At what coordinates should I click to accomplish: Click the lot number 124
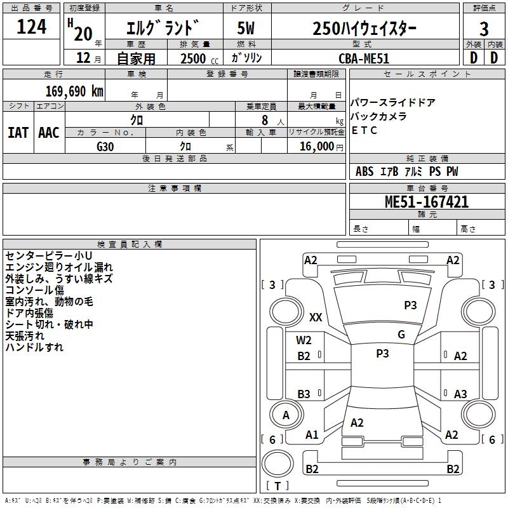pos(31,27)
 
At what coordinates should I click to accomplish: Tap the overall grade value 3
pos(484,29)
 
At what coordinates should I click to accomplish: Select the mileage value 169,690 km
pos(74,91)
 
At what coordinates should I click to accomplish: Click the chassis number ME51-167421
pos(426,202)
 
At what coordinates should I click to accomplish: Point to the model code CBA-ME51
pos(363,58)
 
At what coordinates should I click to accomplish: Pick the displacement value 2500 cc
pos(199,58)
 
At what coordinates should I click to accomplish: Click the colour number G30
pos(105,147)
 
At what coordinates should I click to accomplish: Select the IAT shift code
pos(18,133)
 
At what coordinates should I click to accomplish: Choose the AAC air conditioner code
pos(49,133)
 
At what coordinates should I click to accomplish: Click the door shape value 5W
pos(246,28)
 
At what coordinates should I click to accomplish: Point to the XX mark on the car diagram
pos(316,317)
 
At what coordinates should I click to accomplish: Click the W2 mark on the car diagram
pos(304,340)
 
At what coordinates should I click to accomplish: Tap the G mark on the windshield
pos(401,335)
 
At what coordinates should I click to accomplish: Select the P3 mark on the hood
pos(410,305)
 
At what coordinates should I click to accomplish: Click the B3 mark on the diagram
pos(304,394)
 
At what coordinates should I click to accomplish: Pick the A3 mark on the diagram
pos(460,394)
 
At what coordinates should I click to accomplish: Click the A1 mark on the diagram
pos(312,435)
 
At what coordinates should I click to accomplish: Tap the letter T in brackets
pos(277,486)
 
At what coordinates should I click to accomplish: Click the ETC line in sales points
pos(364,130)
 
